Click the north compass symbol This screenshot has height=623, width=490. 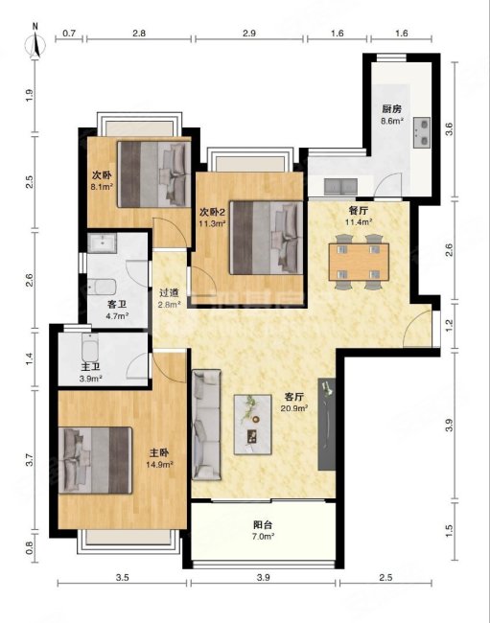tap(35, 42)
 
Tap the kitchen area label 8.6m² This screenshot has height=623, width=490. tap(392, 121)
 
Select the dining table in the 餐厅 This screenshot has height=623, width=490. tap(359, 263)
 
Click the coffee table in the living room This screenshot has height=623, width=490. tap(253, 424)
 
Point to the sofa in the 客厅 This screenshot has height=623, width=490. tap(206, 425)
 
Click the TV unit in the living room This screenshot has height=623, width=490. tap(327, 425)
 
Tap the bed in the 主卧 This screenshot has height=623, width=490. tap(95, 460)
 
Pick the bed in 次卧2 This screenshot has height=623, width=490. tap(266, 238)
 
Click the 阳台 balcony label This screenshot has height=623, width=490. tap(263, 525)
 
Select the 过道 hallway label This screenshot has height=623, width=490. tap(169, 293)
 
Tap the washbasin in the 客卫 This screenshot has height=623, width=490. tap(103, 243)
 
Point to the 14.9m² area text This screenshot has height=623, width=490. tap(160, 464)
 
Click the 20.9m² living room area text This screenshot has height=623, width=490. tap(295, 407)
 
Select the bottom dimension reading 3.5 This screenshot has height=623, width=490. tap(122, 577)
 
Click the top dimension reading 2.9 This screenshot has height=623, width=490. tap(248, 33)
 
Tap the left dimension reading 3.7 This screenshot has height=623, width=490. tap(29, 459)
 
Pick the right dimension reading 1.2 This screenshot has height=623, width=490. tap(449, 326)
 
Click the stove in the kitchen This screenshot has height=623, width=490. tap(422, 132)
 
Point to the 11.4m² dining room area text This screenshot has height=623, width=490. tap(359, 221)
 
